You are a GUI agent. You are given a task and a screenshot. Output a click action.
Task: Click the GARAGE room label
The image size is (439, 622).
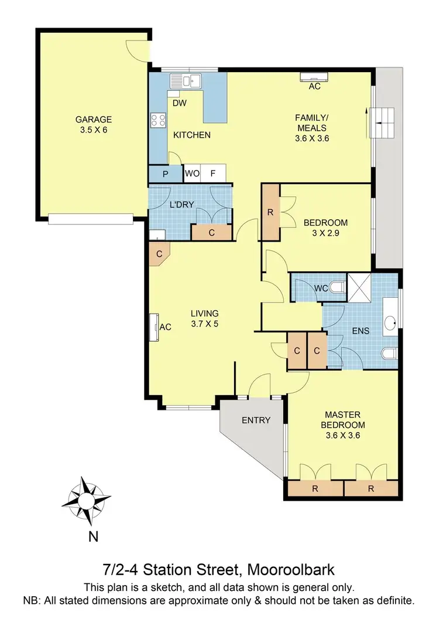93,120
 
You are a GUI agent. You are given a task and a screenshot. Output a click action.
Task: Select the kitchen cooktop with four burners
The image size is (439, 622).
158,121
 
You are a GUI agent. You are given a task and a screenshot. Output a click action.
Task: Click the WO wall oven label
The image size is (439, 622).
192,174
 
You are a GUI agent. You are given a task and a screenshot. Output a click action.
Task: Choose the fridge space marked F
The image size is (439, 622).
213,174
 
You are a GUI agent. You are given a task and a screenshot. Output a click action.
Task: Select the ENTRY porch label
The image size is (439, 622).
256,420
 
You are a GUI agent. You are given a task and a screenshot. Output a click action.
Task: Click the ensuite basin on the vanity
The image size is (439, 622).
391,322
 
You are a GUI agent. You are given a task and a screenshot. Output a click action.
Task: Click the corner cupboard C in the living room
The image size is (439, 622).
159,254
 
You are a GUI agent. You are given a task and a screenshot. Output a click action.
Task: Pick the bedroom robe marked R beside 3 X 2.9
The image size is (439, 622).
270,212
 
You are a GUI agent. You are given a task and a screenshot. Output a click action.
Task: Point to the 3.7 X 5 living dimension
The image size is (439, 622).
204,324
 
